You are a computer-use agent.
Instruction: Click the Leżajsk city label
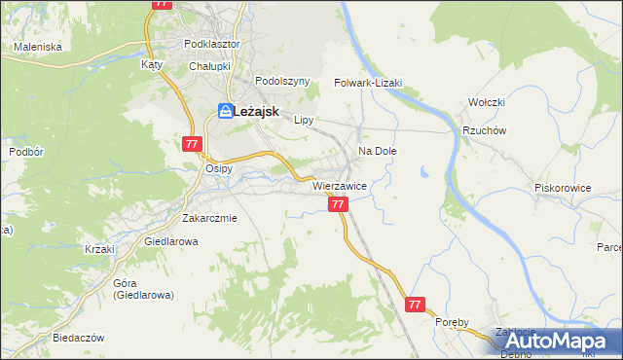tap(258, 112)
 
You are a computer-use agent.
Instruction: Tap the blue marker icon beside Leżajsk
tap(225, 112)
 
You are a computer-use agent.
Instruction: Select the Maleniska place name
tap(38, 47)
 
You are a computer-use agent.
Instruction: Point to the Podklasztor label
tap(211, 44)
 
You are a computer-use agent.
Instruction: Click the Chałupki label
tap(208, 65)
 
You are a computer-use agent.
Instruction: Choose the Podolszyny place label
tap(281, 82)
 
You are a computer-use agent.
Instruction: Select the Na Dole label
tap(378, 151)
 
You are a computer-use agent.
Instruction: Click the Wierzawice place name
tap(339, 184)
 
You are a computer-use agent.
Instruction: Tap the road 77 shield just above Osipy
tap(191, 144)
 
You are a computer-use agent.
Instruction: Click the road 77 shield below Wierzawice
tap(338, 204)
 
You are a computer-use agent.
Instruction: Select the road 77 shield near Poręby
tap(416, 305)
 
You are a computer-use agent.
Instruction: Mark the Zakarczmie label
tap(209, 218)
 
